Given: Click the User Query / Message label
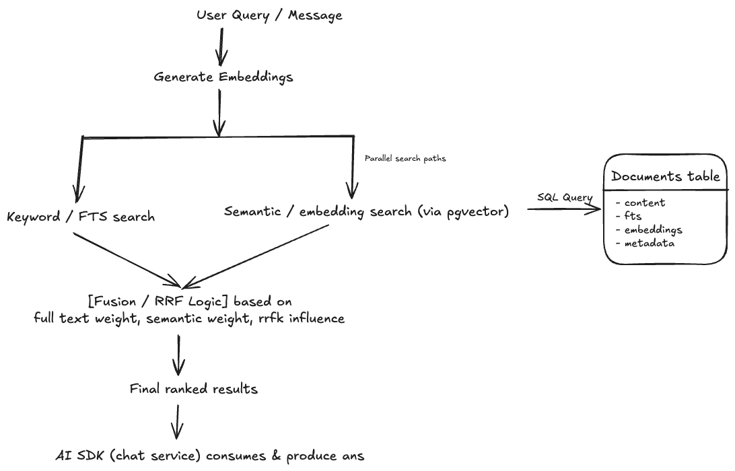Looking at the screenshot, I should [x=269, y=15].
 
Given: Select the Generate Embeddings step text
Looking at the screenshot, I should [x=223, y=77].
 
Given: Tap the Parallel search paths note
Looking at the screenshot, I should [x=405, y=159].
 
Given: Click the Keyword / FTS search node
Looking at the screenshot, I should [x=81, y=217].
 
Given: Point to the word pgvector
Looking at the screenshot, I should [x=479, y=211].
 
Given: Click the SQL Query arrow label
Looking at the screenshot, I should [x=565, y=198].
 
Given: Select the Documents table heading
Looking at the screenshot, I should [x=666, y=177].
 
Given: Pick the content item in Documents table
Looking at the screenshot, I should [x=644, y=203].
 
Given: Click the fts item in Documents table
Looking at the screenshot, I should [x=633, y=216].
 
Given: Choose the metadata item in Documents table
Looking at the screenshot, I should [x=650, y=243].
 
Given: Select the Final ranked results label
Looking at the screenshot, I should [x=194, y=389].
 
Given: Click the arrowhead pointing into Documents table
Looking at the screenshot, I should [x=595, y=209].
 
